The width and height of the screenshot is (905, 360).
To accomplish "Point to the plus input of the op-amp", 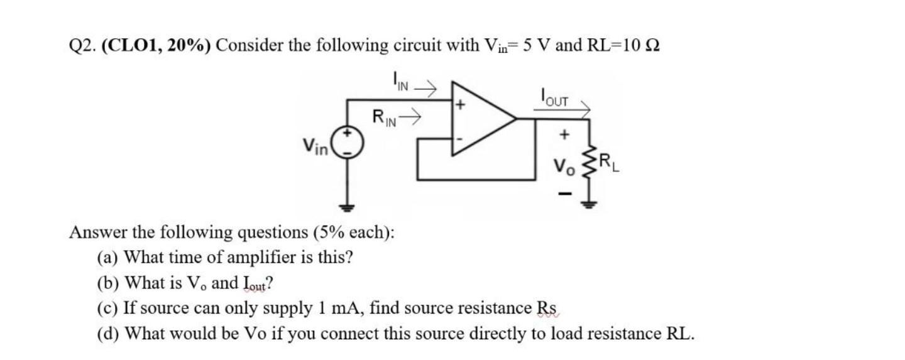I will point(460,105).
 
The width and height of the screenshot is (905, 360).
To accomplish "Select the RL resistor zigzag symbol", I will point(589,165).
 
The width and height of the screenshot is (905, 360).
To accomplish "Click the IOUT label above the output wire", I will point(552,97).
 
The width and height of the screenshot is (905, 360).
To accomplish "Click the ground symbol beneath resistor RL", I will point(589,203).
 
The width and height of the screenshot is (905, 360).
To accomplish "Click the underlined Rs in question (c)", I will point(546,308).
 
